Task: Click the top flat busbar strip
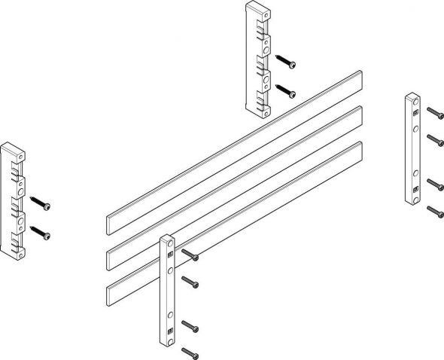(233, 147)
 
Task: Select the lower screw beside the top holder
(286, 91)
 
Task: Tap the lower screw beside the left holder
(41, 233)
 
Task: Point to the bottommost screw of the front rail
(188, 352)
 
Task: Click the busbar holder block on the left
(14, 200)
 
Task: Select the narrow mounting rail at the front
(168, 294)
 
